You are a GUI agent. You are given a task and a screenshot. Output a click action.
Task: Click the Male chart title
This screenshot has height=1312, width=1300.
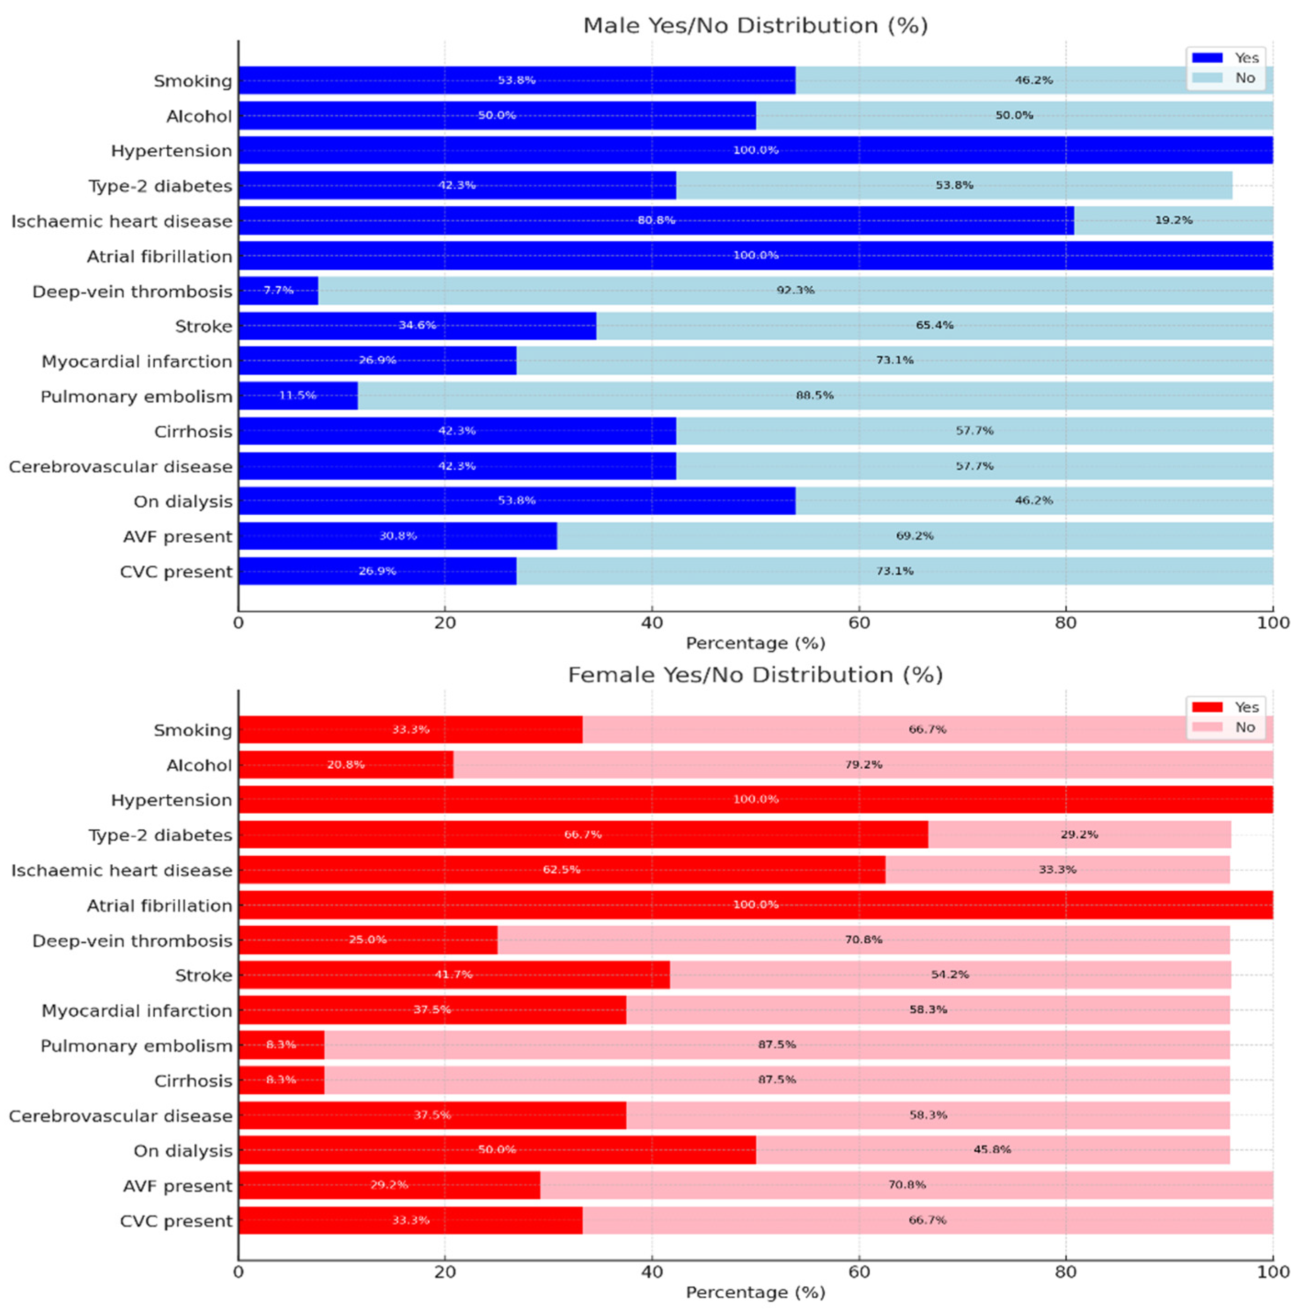[x=755, y=25]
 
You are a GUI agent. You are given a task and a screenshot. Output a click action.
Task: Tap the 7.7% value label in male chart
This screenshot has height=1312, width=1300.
[x=278, y=290]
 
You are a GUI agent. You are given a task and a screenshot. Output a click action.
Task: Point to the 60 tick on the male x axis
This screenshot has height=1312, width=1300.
[x=859, y=623]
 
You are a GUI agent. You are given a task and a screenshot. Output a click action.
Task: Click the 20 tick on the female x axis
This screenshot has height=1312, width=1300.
[x=445, y=1272]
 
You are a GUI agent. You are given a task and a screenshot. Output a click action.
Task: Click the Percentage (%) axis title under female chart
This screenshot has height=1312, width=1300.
[x=755, y=1292]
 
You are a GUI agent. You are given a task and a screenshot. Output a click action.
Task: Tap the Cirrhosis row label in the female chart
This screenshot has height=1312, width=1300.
[x=193, y=1081]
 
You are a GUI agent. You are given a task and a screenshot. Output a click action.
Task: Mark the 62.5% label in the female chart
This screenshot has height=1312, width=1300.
[x=561, y=869]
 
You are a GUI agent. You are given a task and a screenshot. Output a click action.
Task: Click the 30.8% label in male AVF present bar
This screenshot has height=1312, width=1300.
[x=397, y=536]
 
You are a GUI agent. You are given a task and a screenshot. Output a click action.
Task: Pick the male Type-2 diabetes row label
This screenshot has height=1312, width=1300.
[x=160, y=186]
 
